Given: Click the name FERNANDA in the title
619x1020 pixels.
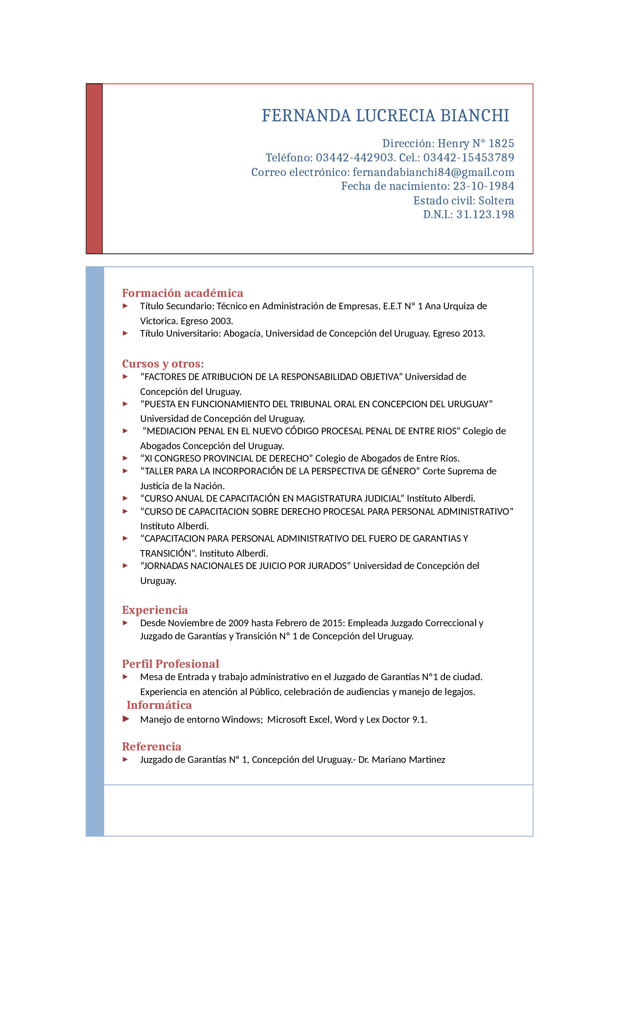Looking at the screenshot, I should [x=306, y=116].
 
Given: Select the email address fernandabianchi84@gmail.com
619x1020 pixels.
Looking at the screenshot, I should [x=433, y=172].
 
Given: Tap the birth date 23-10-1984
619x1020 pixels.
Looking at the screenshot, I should [x=483, y=186].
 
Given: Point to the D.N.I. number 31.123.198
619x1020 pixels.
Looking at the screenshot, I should [x=485, y=215].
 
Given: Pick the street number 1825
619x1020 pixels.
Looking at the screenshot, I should [x=501, y=144].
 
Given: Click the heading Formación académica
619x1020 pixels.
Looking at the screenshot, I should [x=182, y=293].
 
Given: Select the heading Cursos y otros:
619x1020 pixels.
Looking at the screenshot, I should [x=163, y=364].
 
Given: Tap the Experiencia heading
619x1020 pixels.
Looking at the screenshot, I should [x=155, y=610].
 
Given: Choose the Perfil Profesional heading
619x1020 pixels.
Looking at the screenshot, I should [x=170, y=664].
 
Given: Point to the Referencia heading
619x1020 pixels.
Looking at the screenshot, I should [x=151, y=746].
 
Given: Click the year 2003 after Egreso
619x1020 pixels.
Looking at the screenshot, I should [x=221, y=321].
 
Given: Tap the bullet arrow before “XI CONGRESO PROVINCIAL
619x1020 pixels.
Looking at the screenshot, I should [x=125, y=458].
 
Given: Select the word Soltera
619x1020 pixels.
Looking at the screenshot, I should [x=496, y=201].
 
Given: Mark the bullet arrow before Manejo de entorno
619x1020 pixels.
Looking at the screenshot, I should [x=126, y=719].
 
